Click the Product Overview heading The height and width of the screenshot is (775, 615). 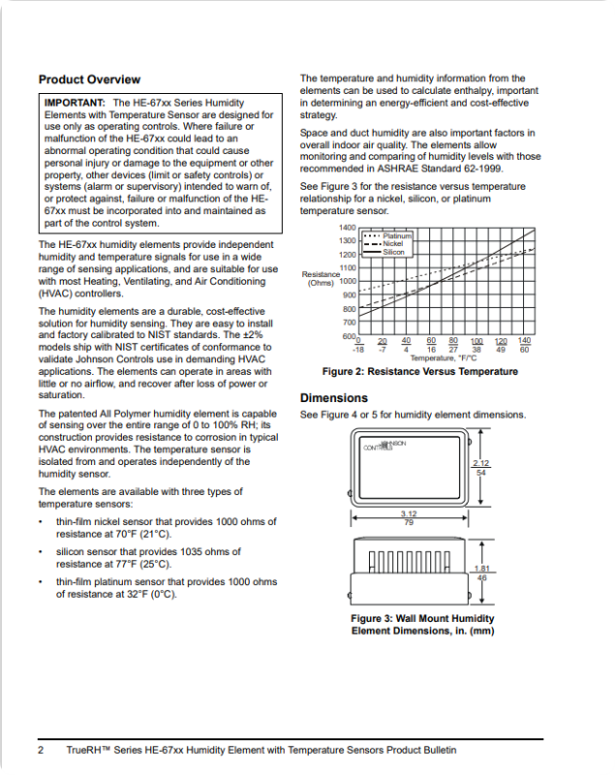click(89, 79)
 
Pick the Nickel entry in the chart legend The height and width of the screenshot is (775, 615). click(392, 243)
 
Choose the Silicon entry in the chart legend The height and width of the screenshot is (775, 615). click(393, 252)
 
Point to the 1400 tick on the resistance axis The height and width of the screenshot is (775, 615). click(347, 227)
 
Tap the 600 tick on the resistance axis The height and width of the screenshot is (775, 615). click(349, 336)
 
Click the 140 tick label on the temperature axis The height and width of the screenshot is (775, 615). click(525, 341)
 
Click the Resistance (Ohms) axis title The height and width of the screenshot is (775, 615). click(321, 279)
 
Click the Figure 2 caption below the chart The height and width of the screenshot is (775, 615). click(419, 372)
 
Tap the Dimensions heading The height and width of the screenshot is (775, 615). click(334, 398)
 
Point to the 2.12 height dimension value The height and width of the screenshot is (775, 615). click(480, 464)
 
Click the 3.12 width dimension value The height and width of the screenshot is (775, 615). click(409, 514)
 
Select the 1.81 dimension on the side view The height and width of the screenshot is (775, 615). click(481, 569)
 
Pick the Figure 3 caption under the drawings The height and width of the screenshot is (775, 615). click(422, 625)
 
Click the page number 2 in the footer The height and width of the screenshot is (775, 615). click(42, 751)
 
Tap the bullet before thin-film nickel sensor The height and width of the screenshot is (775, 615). click(41, 522)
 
